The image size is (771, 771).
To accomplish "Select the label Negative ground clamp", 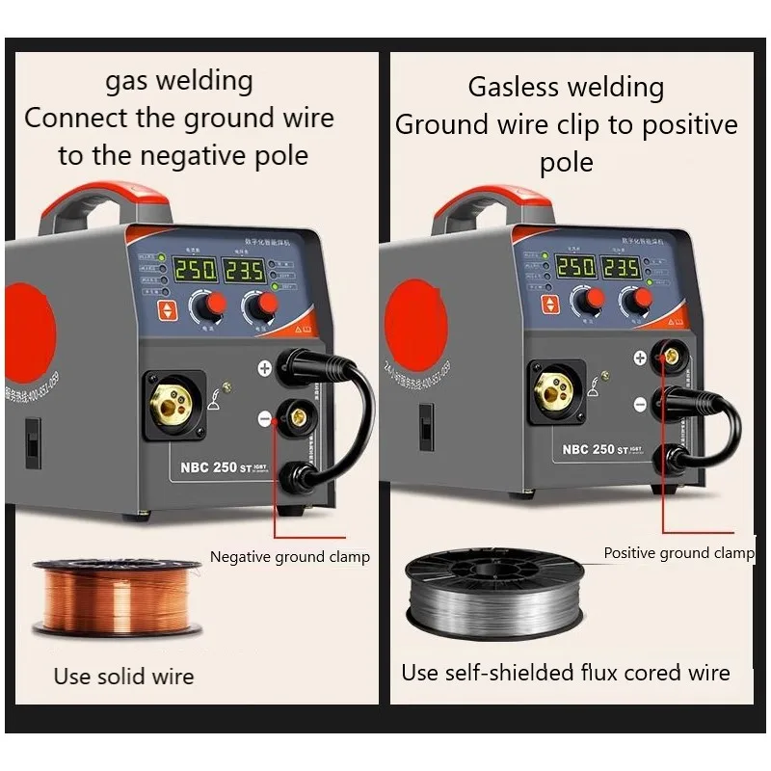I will (289, 557).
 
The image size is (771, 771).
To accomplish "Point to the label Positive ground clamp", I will (678, 553).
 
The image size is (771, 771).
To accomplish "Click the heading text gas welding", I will (179, 81).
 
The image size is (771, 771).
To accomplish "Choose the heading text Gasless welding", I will (566, 88).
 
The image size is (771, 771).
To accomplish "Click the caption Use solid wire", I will (123, 677).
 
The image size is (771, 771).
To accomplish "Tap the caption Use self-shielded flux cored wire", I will (566, 673).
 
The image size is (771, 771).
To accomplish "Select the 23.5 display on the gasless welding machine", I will (621, 267).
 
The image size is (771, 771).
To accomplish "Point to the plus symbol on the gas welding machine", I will (265, 368).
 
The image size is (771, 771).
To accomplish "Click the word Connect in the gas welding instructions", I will (64, 119).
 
